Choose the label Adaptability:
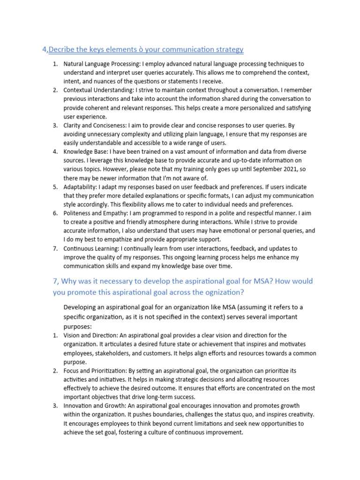click(x=80, y=187)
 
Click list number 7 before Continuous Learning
click(x=55, y=248)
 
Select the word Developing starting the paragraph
click(x=80, y=307)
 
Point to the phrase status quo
click(x=243, y=414)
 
